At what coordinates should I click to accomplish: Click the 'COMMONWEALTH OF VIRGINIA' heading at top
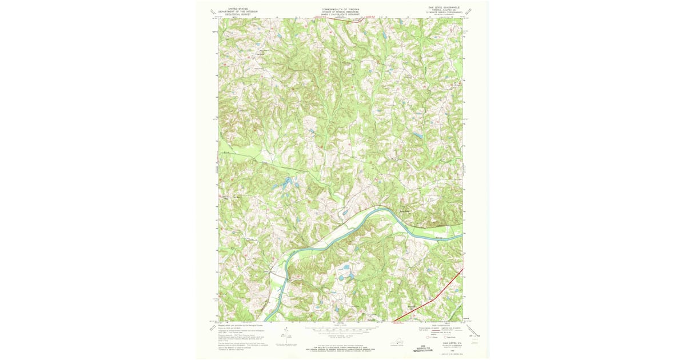click(x=341, y=9)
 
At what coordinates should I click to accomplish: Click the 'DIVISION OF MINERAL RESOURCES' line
click(x=341, y=11)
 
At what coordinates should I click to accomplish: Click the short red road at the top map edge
click(x=350, y=19)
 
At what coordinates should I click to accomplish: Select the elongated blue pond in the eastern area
click(x=417, y=135)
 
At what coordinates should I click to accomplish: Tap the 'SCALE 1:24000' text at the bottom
click(x=341, y=326)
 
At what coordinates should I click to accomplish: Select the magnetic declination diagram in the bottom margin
click(x=285, y=337)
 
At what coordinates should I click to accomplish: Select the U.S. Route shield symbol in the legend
click(x=424, y=338)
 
